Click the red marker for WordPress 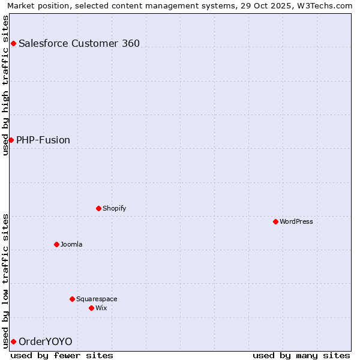275,221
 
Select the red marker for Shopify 98,208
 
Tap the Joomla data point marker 56,244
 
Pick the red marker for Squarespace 72,299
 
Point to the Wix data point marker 91,308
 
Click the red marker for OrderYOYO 13,341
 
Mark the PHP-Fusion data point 11,140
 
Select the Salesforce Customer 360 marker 13,43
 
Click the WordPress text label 296,221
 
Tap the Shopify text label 114,208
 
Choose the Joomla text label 71,244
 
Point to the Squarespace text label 97,299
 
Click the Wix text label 101,308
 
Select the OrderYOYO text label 46,341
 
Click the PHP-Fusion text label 43,140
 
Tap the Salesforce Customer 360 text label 79,43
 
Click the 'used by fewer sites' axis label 62,355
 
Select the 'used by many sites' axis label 301,355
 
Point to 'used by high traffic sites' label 5,85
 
